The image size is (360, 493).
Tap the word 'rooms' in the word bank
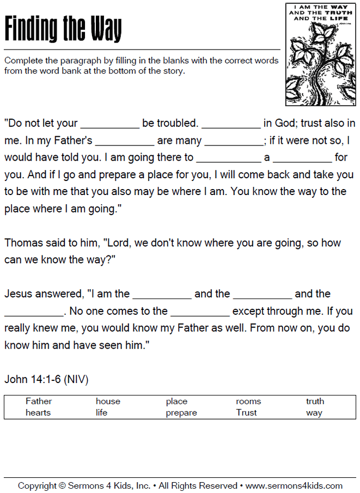click(248, 401)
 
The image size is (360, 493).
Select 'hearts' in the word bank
click(38, 413)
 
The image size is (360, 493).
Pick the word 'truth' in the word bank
click(315, 401)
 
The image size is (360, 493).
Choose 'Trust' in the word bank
click(246, 413)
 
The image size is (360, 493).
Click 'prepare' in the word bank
click(181, 413)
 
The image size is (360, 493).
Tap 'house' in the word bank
click(108, 401)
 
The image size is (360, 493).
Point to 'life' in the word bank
click(101, 413)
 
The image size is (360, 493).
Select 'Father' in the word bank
click(39, 401)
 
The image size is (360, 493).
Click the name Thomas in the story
click(22, 243)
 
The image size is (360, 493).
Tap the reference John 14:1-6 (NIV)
click(46, 379)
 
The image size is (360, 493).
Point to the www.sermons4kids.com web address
click(294, 485)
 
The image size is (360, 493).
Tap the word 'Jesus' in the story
click(18, 294)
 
